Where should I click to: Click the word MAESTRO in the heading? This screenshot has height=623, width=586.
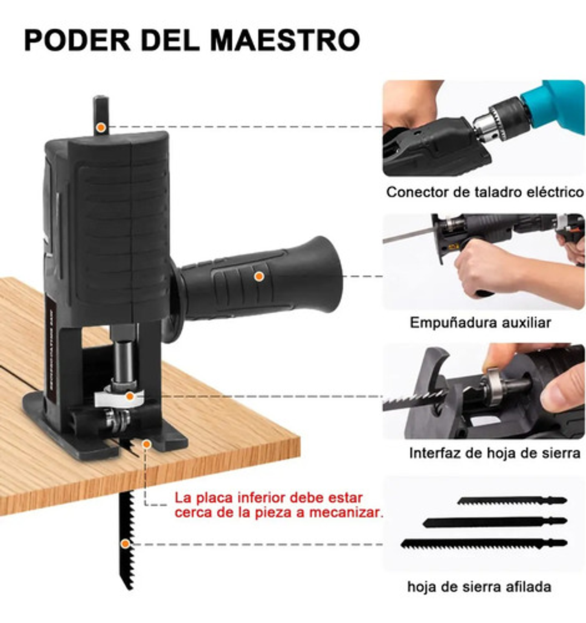(285, 40)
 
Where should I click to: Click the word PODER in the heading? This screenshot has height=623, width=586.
(77, 40)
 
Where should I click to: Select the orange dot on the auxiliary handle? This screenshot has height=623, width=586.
(259, 277)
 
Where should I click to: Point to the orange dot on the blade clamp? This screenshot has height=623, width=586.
(129, 395)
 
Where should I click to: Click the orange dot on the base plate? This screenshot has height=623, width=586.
(146, 444)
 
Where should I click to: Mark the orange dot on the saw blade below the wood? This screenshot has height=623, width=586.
(126, 544)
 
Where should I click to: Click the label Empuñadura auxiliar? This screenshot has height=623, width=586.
(480, 322)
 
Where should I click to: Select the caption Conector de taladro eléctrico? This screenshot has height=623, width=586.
(485, 192)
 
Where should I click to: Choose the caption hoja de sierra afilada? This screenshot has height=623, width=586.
(479, 586)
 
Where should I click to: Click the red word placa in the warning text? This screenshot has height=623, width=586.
(215, 497)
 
